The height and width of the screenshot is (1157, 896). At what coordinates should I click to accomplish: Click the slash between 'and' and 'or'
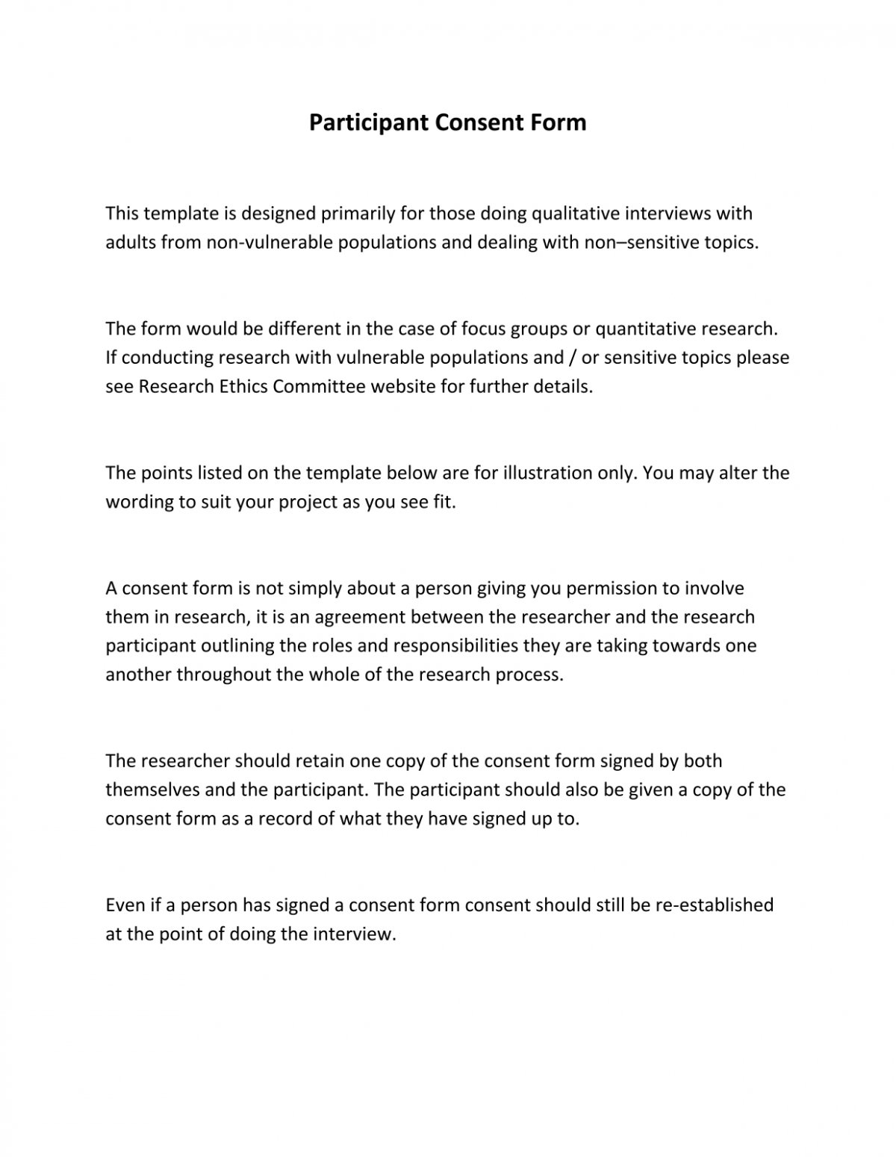[x=572, y=358]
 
